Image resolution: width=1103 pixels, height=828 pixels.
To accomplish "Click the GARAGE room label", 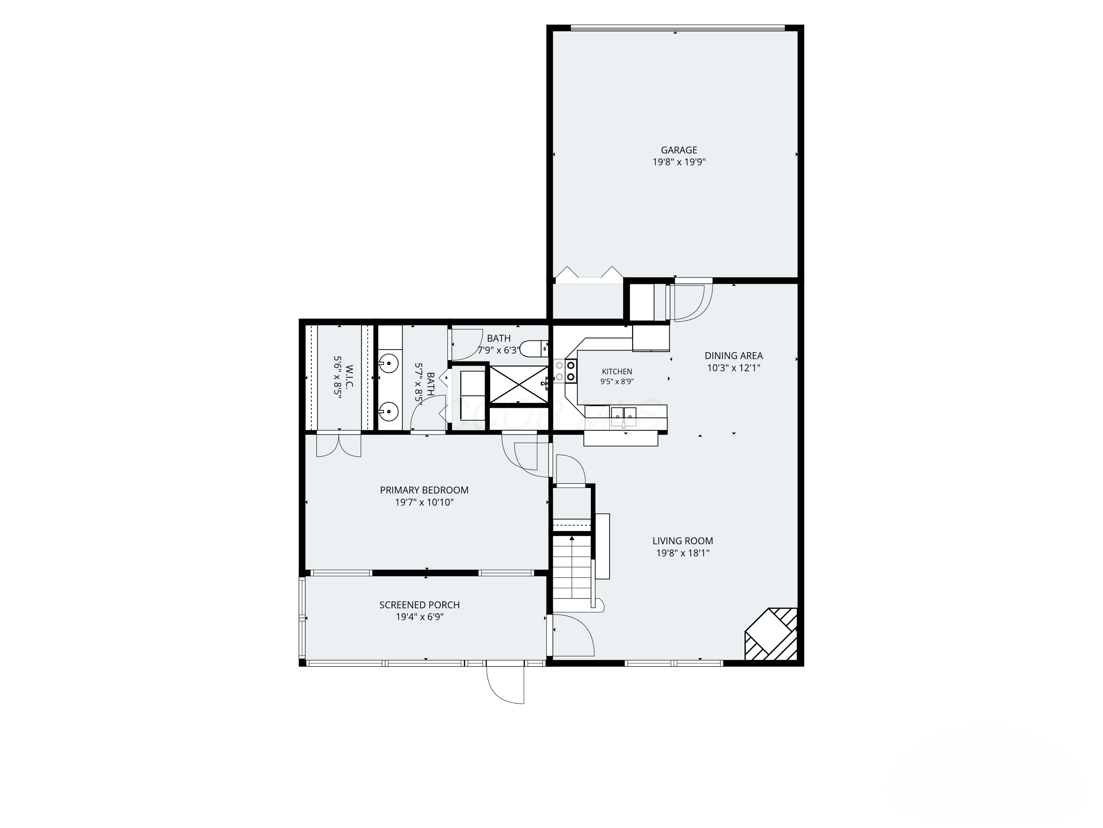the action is [x=679, y=150].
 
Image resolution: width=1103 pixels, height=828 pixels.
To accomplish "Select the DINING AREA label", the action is [x=733, y=356].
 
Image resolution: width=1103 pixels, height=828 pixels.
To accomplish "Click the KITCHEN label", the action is [x=617, y=371].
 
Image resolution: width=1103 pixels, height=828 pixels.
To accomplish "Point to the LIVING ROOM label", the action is [x=683, y=541].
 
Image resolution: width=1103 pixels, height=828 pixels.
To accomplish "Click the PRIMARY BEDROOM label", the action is [x=424, y=490].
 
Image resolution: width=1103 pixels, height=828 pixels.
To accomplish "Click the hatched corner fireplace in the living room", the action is [x=771, y=634].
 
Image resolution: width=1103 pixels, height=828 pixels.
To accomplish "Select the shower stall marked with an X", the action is [x=518, y=384].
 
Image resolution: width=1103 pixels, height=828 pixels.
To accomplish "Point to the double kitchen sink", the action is [x=624, y=413].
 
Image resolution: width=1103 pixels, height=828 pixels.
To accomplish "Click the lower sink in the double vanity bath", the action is [x=389, y=412].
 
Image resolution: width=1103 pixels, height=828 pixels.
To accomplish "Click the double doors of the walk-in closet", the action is [x=339, y=446].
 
